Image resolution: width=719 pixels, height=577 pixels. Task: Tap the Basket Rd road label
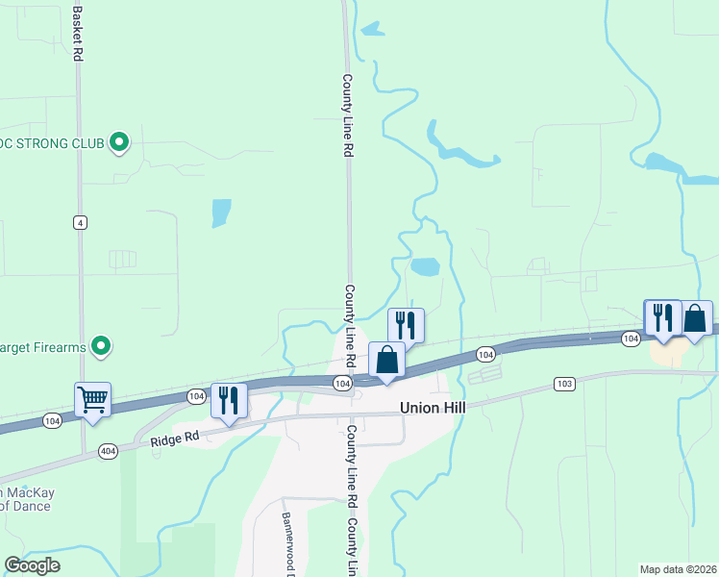77,33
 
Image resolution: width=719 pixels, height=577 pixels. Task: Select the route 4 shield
80,222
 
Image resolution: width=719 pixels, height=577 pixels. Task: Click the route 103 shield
564,384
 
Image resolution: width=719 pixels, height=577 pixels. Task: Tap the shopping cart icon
92,399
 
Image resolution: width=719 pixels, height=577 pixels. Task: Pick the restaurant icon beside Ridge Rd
229,399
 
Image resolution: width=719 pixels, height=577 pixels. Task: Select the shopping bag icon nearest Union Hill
386,360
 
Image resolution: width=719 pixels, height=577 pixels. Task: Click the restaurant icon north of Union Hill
406,325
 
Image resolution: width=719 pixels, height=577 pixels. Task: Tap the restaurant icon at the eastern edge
662,316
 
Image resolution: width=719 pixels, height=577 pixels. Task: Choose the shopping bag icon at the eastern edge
696,317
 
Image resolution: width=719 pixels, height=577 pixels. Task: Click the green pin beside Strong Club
119,143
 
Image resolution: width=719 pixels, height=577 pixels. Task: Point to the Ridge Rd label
174,438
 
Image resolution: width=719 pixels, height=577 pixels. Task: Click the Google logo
32,565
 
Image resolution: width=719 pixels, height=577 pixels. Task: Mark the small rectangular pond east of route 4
221,213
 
